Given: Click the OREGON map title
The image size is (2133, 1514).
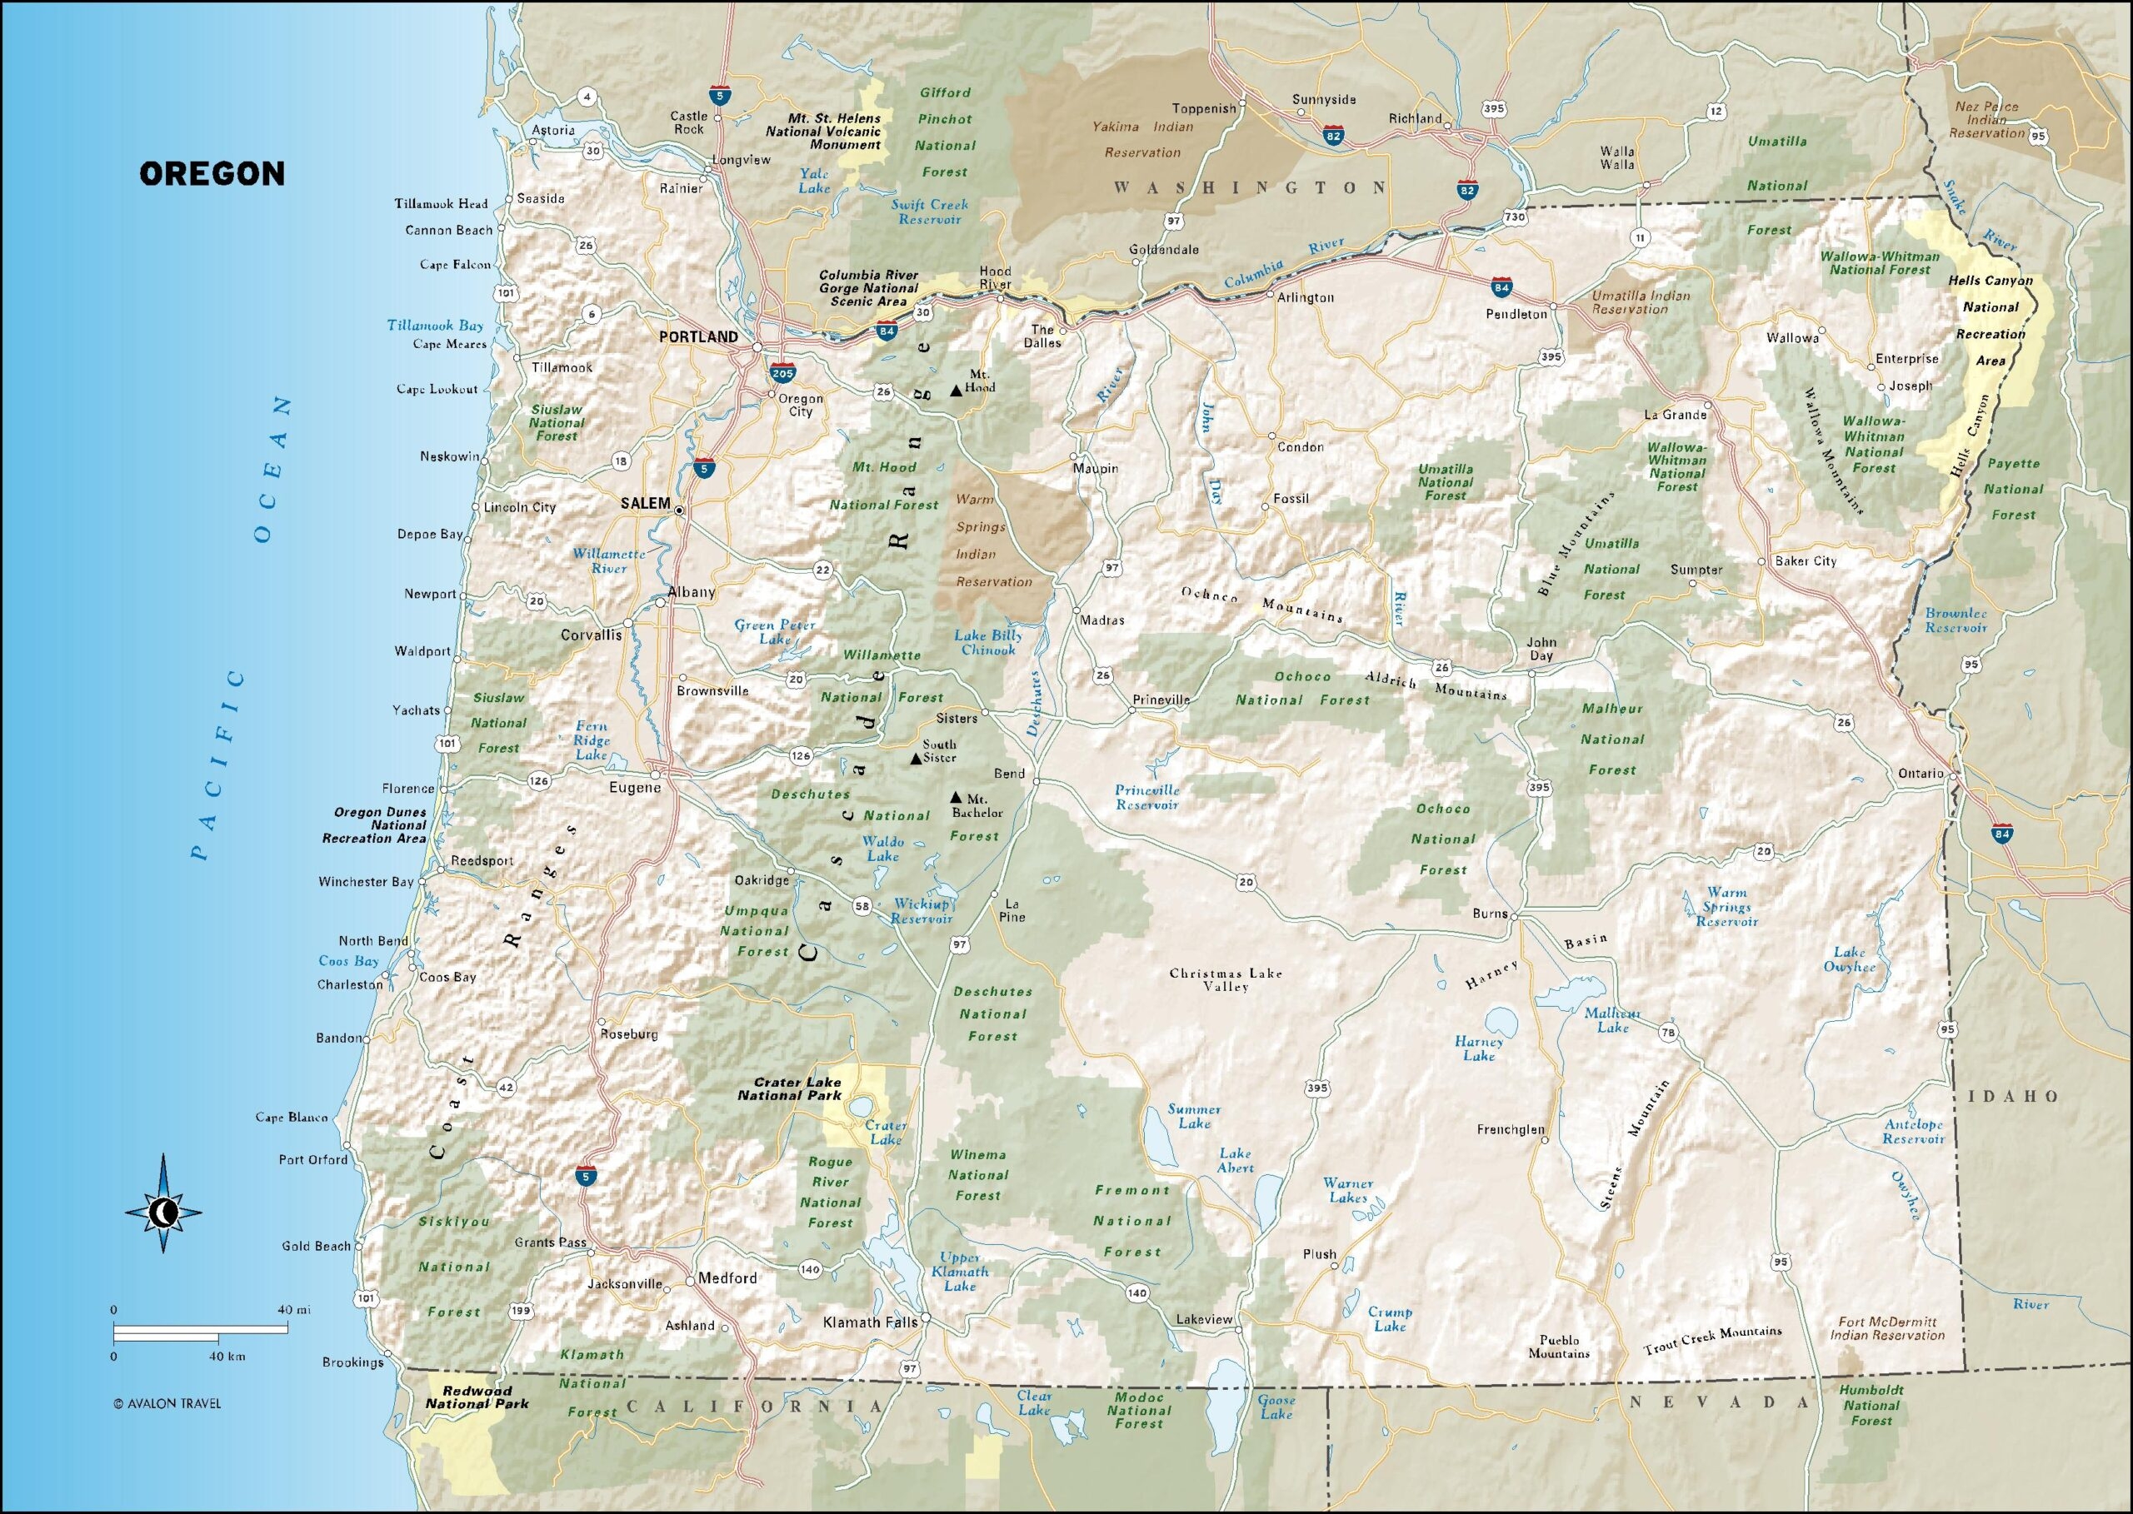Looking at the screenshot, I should (212, 173).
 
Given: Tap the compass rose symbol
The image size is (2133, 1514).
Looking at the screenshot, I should (164, 1212).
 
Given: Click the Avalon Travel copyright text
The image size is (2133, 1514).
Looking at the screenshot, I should (167, 1403).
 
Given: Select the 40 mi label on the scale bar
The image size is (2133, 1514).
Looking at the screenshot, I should (294, 1309).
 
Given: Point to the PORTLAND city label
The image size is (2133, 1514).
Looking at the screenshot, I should (697, 336).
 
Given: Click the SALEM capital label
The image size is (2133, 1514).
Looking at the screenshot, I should (646, 504).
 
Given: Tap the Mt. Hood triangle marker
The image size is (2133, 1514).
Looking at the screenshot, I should (955, 391).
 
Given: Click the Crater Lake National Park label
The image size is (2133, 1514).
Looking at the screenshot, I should (789, 1089).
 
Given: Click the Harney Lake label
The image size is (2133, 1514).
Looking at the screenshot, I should (1478, 1048).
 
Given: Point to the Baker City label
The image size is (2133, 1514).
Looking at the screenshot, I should (1805, 560).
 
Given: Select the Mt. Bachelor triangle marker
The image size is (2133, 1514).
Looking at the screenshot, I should (955, 797).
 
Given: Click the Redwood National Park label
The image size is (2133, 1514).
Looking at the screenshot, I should (477, 1397).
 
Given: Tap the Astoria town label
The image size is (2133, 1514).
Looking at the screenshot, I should (553, 130).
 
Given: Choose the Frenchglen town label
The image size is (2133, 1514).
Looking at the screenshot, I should (1510, 1129).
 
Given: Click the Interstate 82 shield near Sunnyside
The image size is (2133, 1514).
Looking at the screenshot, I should (1333, 136).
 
